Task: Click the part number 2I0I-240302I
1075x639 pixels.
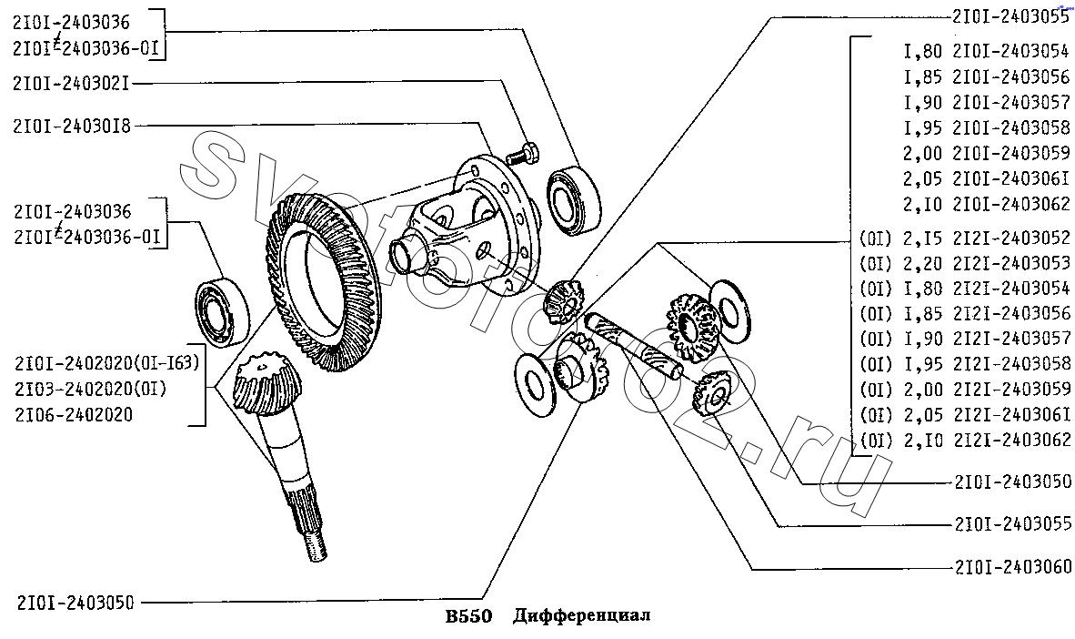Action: pos(71,84)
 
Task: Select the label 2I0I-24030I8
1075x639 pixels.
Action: pos(71,127)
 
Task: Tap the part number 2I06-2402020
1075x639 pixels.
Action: pos(74,414)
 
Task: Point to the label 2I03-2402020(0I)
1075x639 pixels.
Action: pos(90,390)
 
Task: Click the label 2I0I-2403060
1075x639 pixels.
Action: pos(1012,567)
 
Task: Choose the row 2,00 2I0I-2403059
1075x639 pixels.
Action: pos(986,153)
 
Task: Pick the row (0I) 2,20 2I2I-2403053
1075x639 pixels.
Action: pos(965,263)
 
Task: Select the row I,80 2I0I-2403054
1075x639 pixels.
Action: pos(986,51)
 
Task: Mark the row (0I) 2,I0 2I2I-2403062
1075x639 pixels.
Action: pos(965,440)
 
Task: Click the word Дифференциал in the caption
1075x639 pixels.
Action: pos(581,615)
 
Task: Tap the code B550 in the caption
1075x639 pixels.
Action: pos(469,615)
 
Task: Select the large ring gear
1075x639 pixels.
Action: pos(320,282)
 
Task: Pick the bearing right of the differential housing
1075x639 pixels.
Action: pos(574,200)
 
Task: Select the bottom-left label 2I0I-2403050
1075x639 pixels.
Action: pos(76,603)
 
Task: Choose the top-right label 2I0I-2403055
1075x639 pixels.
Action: pos(1010,16)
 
